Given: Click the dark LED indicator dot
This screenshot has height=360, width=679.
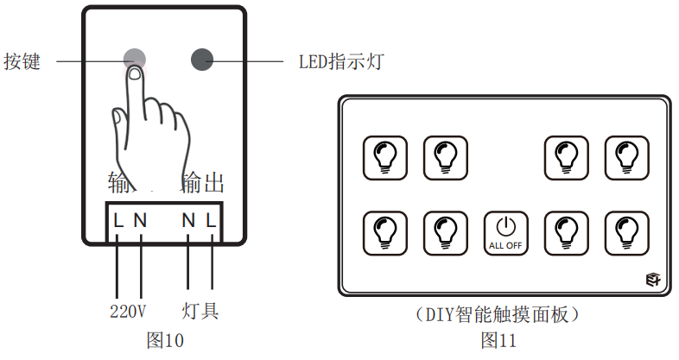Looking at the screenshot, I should pos(201,59).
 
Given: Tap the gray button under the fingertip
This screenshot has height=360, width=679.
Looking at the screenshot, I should pos(135,58).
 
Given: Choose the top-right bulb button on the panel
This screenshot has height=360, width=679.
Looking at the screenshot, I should pos(626,156).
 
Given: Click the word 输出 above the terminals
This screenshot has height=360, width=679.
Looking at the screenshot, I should pos(203,182).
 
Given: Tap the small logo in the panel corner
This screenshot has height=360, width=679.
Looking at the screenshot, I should pos(652,279).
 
